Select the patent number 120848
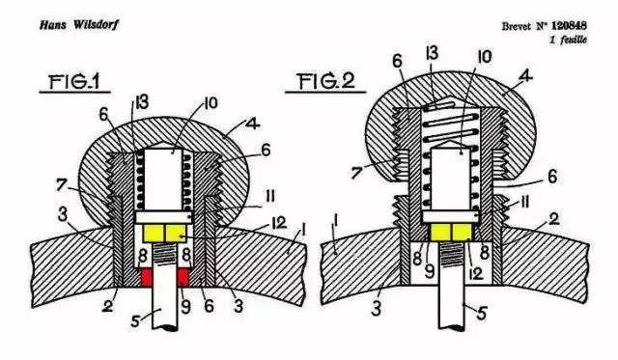pyautogui.click(x=569, y=26)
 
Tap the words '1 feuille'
pyautogui.click(x=569, y=40)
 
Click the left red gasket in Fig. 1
pyautogui.click(x=146, y=277)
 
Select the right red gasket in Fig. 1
pyautogui.click(x=183, y=277)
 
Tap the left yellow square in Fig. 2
pyautogui.click(x=440, y=232)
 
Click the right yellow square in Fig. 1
pyautogui.click(x=176, y=234)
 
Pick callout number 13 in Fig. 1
pyautogui.click(x=141, y=102)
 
